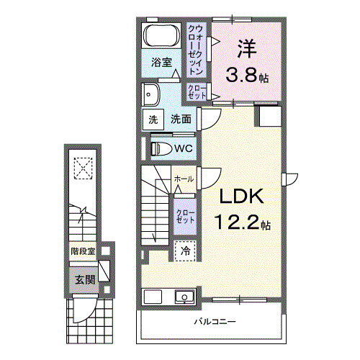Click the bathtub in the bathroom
(161, 35)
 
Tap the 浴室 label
(161, 63)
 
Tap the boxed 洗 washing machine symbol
(153, 120)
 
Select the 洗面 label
(180, 120)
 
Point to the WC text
(183, 148)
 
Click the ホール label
(183, 179)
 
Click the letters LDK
(233, 197)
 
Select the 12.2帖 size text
(240, 223)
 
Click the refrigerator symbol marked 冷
(184, 251)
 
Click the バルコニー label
(214, 321)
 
